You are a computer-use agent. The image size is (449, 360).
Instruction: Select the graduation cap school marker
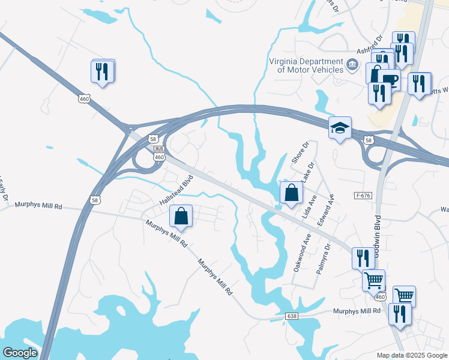point(339,128)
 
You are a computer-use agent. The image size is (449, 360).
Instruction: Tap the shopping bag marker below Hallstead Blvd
point(181,217)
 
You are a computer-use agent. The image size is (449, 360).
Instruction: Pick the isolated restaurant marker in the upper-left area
point(102,71)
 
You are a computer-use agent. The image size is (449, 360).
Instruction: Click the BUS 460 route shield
point(158,152)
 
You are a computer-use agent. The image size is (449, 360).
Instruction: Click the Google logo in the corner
point(20,353)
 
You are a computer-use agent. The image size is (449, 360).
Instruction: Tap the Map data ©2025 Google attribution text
point(411,355)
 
